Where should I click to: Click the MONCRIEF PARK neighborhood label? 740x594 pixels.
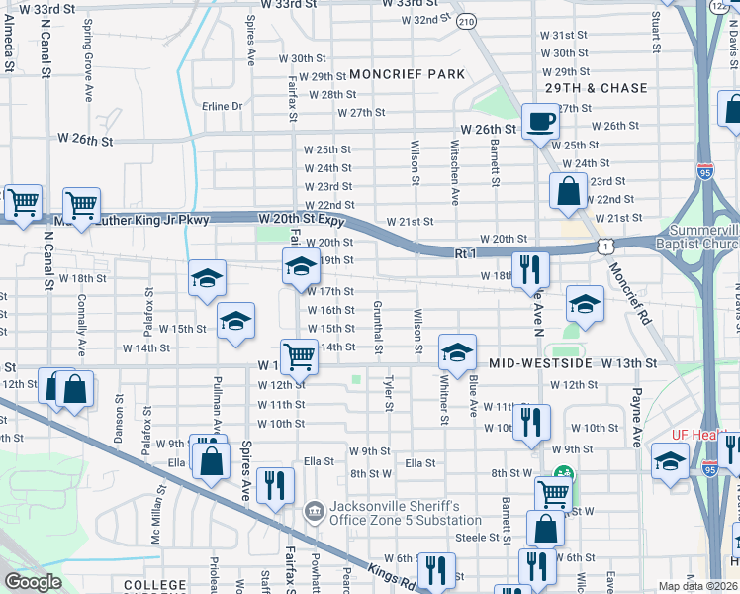[x=407, y=74]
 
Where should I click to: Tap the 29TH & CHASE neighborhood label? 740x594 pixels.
[x=596, y=88]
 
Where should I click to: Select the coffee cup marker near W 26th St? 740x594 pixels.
[x=540, y=122]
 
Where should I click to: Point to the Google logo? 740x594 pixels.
[x=34, y=582]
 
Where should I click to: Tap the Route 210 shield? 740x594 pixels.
[x=467, y=20]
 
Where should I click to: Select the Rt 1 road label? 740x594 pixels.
[x=466, y=254]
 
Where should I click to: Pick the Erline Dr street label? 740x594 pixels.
[x=222, y=106]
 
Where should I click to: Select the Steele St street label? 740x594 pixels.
[x=477, y=538]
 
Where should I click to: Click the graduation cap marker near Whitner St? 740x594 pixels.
[x=456, y=351]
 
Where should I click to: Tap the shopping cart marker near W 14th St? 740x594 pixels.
[x=299, y=355]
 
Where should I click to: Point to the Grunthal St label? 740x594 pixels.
[x=377, y=328]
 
